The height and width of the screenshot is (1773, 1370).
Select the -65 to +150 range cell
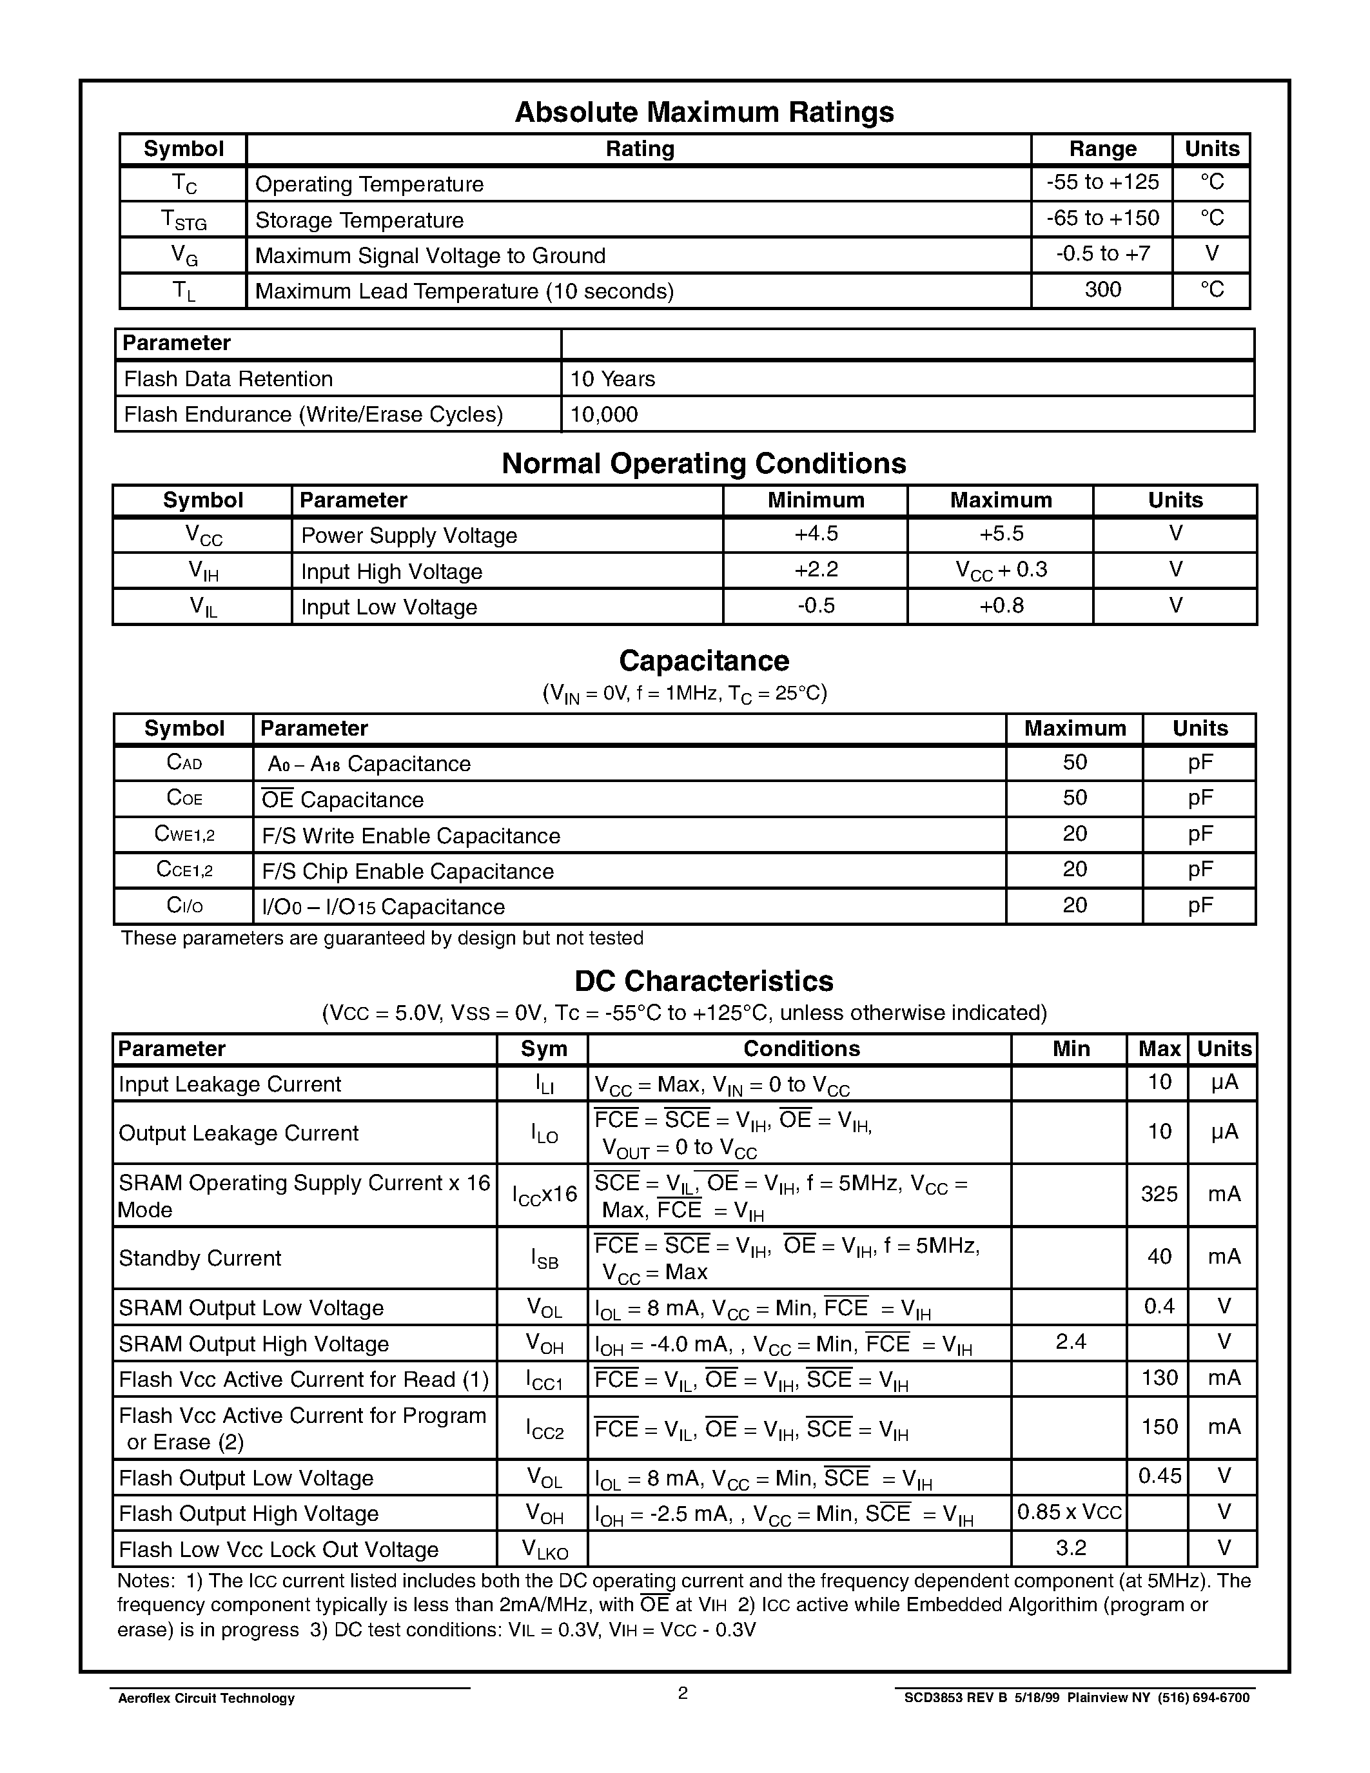tap(1102, 219)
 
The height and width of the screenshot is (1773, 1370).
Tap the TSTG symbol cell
tap(184, 220)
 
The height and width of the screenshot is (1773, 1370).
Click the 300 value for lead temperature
tap(1102, 290)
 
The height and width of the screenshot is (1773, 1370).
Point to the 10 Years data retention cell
tap(612, 379)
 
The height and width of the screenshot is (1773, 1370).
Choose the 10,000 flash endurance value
tap(604, 415)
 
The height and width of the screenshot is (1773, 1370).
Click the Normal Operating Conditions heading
tap(703, 464)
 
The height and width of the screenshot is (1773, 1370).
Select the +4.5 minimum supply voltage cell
tap(816, 534)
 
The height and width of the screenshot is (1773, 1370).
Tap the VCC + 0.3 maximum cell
tap(1001, 571)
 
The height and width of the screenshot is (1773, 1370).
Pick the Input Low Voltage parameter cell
tap(389, 607)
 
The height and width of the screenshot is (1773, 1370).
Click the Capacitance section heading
tap(703, 661)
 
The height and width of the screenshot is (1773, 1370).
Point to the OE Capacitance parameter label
tap(342, 799)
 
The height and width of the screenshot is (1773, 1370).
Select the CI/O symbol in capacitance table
tap(184, 906)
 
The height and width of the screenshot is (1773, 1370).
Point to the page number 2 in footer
tap(683, 1692)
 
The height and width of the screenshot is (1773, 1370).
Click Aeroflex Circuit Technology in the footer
tap(206, 1698)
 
